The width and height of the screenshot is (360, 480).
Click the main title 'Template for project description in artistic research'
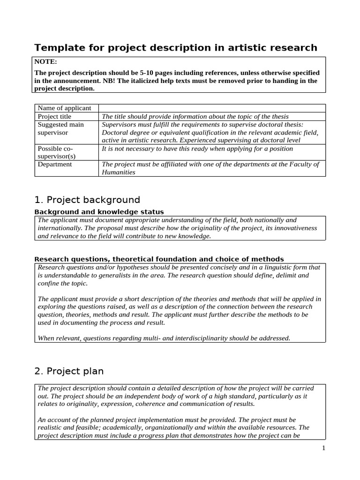(176, 47)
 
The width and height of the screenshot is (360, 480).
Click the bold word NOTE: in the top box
(46, 61)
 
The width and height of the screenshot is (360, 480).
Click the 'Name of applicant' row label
(64, 108)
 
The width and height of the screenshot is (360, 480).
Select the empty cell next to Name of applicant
(212, 108)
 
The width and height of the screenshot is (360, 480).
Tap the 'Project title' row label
(54, 116)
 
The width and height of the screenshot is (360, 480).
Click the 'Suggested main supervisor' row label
(61, 128)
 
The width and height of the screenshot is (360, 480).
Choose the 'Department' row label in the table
(55, 164)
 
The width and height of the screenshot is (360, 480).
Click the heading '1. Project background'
(87, 200)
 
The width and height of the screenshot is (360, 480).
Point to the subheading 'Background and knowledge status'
(99, 212)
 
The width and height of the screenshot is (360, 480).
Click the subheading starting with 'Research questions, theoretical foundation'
(159, 259)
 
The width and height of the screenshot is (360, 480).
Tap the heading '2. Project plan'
(69, 371)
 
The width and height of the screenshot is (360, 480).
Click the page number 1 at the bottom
(323, 448)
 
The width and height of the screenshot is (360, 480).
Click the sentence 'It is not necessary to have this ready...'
(197, 149)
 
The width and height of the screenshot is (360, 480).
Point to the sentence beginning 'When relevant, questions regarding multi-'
(164, 337)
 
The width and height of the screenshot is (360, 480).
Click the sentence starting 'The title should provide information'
(195, 116)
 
